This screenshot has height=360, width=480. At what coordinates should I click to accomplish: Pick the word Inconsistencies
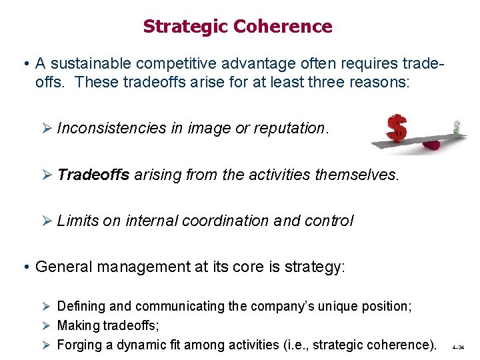click(111, 128)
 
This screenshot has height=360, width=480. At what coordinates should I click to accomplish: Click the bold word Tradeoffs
click(93, 175)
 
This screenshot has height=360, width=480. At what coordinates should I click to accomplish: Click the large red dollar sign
click(397, 128)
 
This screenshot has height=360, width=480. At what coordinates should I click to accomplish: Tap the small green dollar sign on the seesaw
click(457, 127)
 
